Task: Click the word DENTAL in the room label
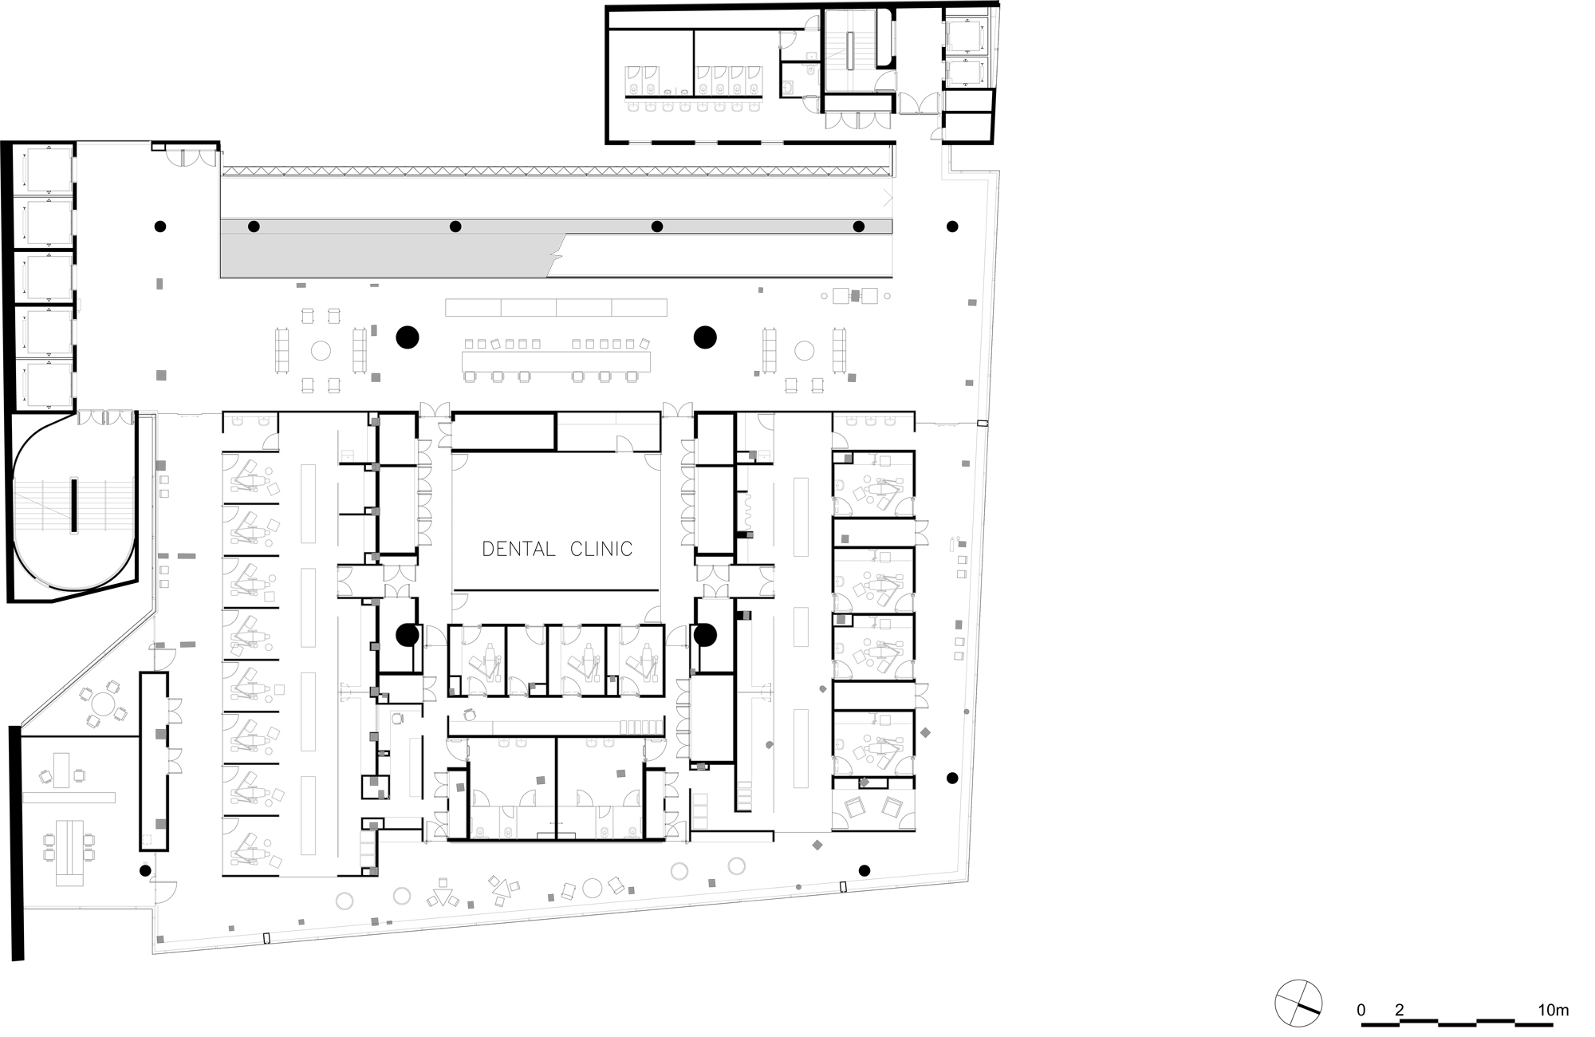click(x=518, y=549)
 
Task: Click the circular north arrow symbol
click(x=1298, y=1003)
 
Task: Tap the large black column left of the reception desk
click(x=408, y=337)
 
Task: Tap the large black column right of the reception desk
click(x=705, y=337)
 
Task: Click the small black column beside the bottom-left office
click(x=145, y=870)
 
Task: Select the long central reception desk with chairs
click(x=556, y=361)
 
